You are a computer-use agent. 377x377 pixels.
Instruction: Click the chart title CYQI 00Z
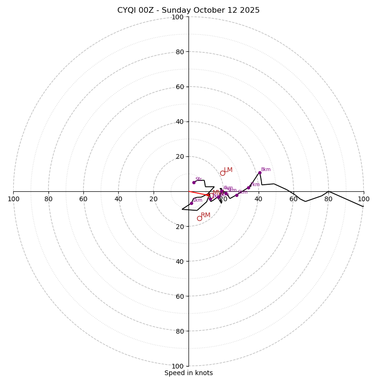(188, 10)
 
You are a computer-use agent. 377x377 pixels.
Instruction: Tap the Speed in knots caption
(188, 373)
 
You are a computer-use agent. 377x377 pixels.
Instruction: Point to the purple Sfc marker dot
(194, 182)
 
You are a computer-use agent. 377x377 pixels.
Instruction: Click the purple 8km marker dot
(260, 172)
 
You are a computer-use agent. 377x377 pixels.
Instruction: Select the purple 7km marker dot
(248, 188)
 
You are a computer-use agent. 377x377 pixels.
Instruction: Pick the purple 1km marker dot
(191, 203)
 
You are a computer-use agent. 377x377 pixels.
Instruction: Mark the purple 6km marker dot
(237, 195)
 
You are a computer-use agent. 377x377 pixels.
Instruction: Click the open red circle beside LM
(222, 173)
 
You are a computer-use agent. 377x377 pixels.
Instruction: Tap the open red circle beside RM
(199, 218)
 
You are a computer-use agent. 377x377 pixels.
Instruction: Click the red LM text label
(228, 170)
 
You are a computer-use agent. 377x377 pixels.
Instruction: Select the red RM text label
(205, 215)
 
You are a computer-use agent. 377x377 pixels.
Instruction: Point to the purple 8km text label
(266, 170)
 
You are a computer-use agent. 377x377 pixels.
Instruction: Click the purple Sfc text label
(198, 180)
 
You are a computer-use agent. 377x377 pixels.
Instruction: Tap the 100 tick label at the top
(178, 17)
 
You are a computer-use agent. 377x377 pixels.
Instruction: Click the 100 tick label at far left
(13, 199)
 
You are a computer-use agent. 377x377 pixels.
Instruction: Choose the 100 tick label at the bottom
(178, 366)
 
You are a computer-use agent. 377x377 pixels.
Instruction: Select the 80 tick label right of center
(328, 199)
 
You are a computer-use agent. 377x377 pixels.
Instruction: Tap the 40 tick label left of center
(118, 199)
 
